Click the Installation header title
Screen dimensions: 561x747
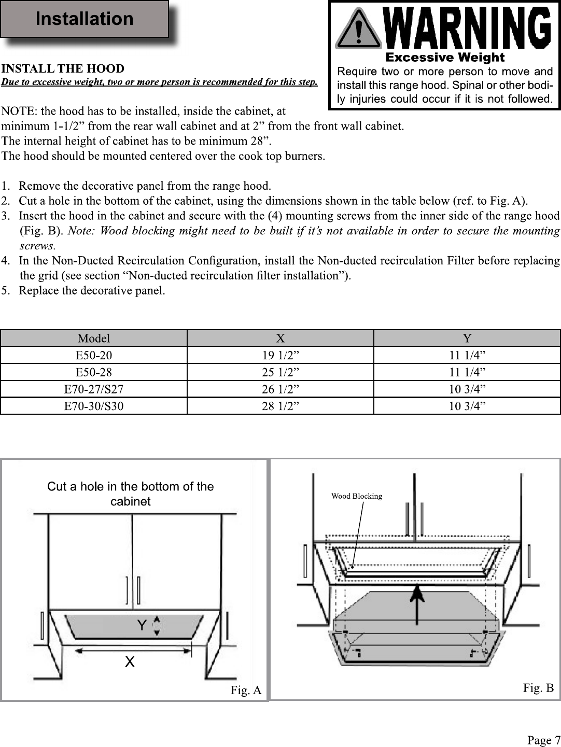(85, 18)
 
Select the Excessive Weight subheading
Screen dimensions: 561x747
(445, 57)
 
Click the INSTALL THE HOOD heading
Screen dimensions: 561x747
(63, 68)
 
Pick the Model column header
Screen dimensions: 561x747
(94, 339)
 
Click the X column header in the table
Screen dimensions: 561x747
(280, 339)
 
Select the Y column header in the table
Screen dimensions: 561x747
(467, 339)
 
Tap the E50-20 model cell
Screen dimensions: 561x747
(94, 355)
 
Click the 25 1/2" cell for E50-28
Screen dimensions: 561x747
(280, 372)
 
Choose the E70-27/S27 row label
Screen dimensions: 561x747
(94, 389)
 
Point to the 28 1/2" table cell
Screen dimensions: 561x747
(280, 406)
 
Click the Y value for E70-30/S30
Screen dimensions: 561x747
(467, 406)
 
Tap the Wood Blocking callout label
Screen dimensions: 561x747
(357, 496)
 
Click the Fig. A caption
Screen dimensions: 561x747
(246, 690)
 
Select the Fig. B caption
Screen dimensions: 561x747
(539, 688)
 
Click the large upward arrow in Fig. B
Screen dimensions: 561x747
(417, 604)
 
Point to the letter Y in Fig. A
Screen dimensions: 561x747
(142, 625)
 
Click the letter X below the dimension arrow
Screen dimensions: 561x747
(130, 661)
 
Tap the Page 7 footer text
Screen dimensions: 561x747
(544, 740)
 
